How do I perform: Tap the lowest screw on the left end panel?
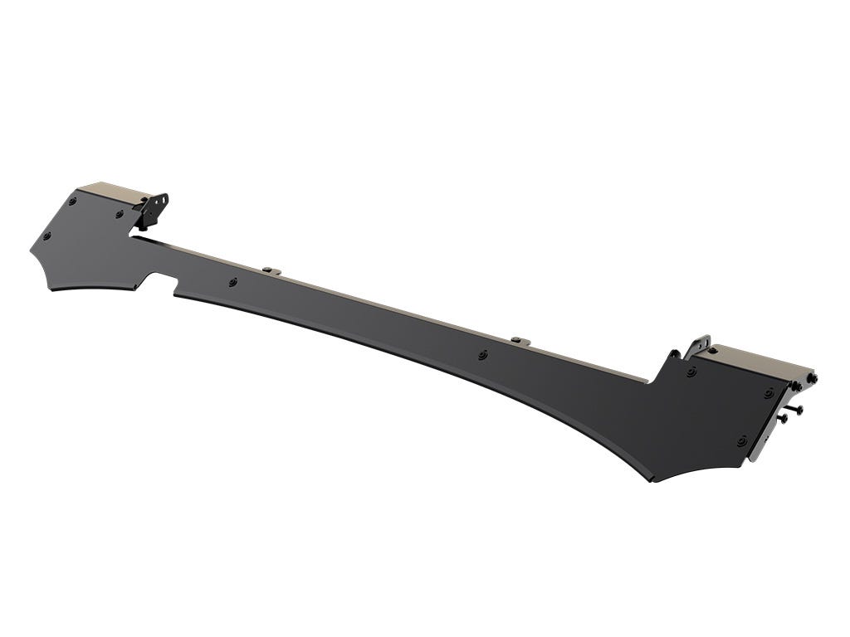point(46,236)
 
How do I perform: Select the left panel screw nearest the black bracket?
point(120,215)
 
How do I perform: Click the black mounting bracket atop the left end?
point(154,209)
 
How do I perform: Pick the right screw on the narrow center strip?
point(483,355)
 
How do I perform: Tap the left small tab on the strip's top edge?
point(270,270)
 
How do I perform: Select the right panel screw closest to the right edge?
point(769,393)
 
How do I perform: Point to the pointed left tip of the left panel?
point(32,245)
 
